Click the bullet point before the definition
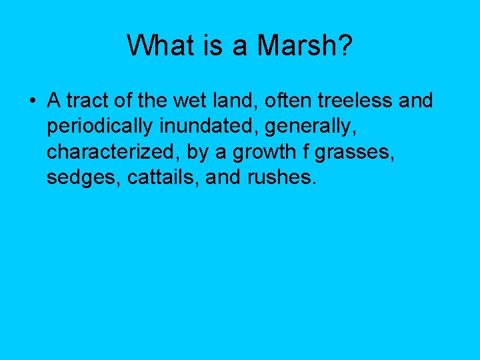click(32, 101)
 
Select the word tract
click(84, 101)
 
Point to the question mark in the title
click(345, 46)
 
